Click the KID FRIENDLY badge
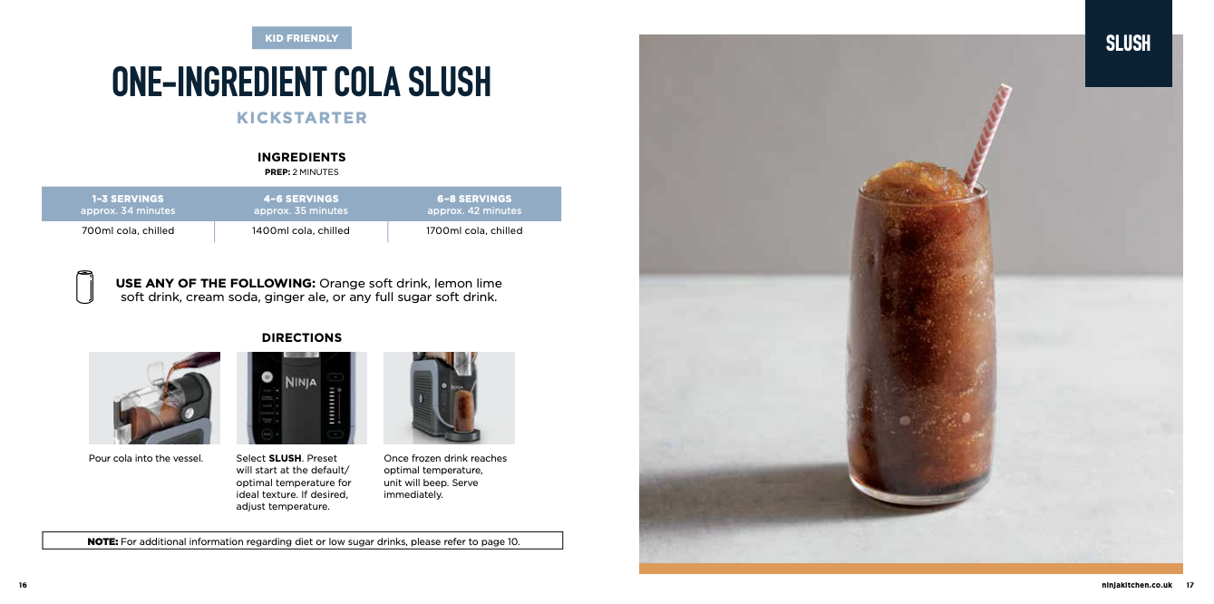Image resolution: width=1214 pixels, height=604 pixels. click(301, 38)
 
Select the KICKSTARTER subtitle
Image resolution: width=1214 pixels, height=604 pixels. click(302, 118)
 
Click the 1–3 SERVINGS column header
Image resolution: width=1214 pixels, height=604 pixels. click(128, 204)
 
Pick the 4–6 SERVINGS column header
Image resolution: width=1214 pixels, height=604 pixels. click(301, 204)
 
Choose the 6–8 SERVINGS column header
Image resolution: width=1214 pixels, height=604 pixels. click(474, 204)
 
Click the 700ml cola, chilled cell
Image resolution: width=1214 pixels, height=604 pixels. click(128, 230)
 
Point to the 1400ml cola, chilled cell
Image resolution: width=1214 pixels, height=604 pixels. click(301, 230)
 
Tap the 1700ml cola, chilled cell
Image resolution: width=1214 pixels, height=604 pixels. click(474, 230)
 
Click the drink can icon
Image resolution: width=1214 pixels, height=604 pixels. click(84, 287)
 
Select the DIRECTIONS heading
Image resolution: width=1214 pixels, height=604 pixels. click(302, 337)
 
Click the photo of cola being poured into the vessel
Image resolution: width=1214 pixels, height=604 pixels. click(154, 398)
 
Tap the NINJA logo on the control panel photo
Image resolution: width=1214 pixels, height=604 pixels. click(301, 382)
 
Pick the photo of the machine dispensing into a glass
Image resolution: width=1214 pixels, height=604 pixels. click(450, 398)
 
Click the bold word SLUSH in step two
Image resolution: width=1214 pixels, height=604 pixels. click(285, 458)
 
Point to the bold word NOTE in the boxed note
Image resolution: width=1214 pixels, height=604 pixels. click(102, 541)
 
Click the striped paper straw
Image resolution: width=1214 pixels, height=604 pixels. click(987, 137)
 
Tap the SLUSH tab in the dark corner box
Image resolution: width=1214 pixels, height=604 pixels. click(1128, 44)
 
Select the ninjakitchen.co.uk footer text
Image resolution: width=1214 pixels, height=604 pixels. click(1137, 585)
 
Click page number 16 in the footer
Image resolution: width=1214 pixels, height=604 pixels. click(23, 585)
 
